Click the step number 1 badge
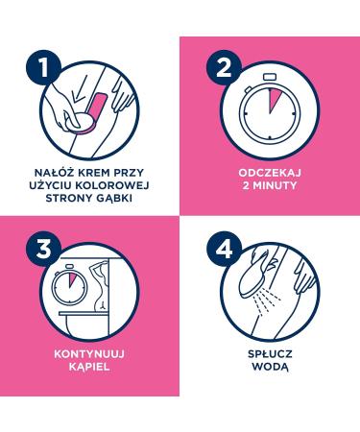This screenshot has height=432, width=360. point(43,68)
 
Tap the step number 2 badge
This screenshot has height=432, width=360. point(224,68)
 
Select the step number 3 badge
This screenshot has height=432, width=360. point(43,250)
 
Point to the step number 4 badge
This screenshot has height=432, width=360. point(224,250)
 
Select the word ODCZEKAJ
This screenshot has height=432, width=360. point(270,173)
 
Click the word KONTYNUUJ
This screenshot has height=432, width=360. point(89,354)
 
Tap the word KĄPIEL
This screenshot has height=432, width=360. point(89,367)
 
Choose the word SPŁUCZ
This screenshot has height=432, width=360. point(270,354)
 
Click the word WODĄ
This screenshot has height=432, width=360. point(270,367)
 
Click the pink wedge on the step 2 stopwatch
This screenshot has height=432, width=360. point(273,99)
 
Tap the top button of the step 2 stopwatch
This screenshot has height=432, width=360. point(270,77)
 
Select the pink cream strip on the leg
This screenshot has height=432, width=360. point(95,110)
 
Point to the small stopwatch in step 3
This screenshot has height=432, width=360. point(69,286)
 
